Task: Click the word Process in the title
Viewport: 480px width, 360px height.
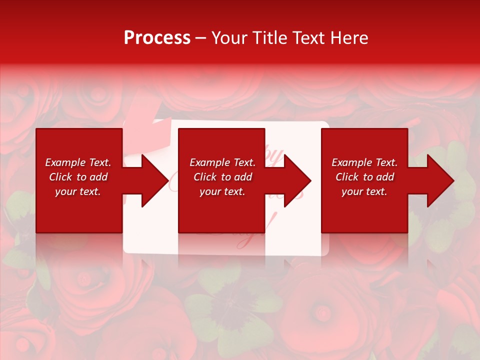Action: tap(157, 38)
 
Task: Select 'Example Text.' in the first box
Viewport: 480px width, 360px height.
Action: tap(78, 162)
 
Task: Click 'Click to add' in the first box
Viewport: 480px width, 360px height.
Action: tap(78, 177)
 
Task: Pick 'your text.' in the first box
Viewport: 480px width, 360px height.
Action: tap(78, 191)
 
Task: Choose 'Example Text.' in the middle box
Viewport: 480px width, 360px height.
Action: tap(222, 162)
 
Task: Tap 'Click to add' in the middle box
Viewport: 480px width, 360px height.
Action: tap(222, 177)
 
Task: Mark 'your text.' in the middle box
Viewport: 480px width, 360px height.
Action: tap(222, 191)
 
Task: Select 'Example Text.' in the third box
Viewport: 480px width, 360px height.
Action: tap(364, 162)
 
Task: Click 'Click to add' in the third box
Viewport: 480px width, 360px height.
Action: tap(364, 177)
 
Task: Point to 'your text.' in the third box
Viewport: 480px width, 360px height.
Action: tap(364, 191)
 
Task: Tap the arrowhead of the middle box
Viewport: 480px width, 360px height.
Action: tap(296, 180)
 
